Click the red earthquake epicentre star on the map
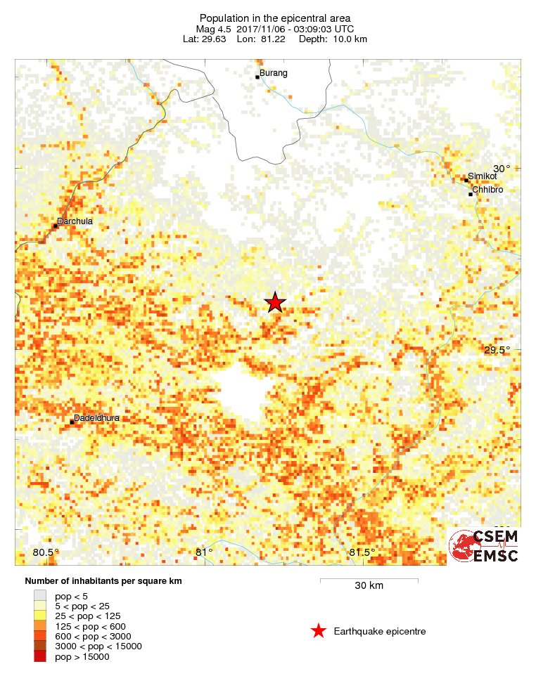275,302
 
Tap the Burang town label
274,73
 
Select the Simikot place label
482,176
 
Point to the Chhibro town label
487,190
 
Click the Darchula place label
75,221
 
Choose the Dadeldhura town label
96,418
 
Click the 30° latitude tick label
502,169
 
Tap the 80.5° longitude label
46,552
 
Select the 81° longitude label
204,552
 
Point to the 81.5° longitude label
362,552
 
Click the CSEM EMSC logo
484,546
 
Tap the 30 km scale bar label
369,586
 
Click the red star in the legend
319,631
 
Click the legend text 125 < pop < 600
90,625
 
